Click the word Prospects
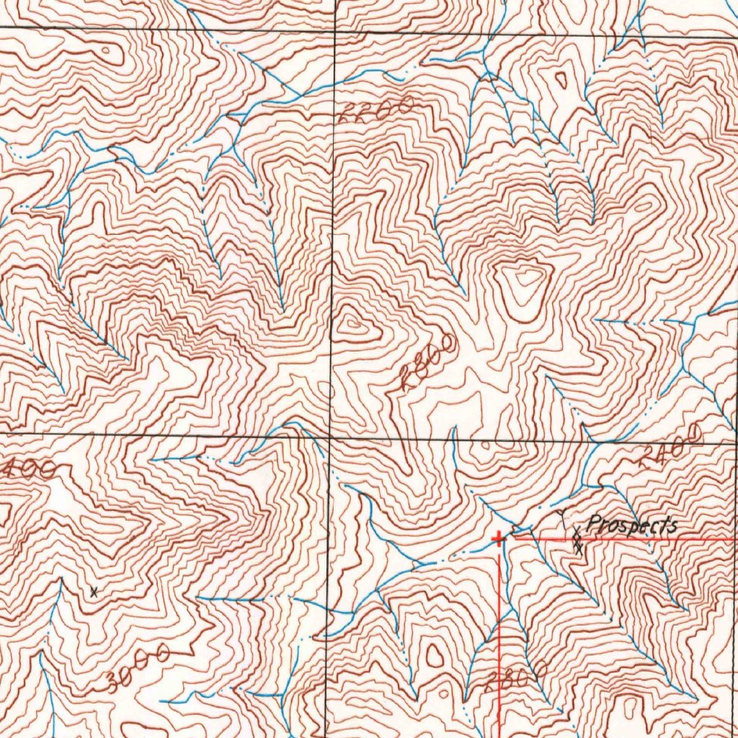[x=632, y=525]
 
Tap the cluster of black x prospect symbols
[x=577, y=541]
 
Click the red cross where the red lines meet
[x=499, y=538]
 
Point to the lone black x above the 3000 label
[x=94, y=592]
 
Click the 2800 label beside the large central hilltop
[x=430, y=363]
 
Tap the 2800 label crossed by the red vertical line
[x=516, y=677]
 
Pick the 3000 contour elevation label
[x=138, y=669]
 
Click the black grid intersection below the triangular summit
[x=331, y=437]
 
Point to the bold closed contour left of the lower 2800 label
[x=434, y=656]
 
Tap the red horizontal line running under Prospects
[x=649, y=538]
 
